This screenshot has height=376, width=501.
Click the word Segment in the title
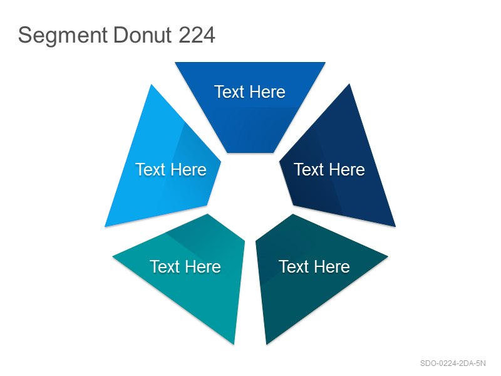[63, 36]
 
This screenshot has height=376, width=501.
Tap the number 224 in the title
[197, 34]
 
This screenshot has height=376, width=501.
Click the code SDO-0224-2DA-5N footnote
[453, 363]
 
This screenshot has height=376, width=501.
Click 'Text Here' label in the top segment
[249, 92]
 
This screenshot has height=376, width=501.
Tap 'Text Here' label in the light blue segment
[171, 169]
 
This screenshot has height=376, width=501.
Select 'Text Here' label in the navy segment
[329, 169]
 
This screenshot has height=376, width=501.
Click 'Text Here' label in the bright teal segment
[185, 267]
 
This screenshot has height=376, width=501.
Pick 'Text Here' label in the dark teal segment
[314, 267]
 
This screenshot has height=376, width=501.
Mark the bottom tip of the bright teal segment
[234, 344]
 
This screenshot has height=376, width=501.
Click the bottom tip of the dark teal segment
[267, 344]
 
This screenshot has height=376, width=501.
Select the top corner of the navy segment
[349, 84]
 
